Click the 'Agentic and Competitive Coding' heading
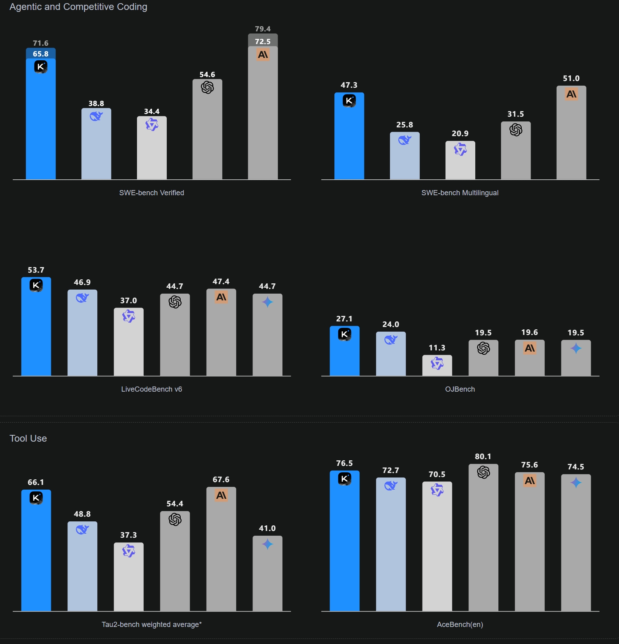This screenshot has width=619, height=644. (78, 7)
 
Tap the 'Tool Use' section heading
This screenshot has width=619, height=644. (28, 438)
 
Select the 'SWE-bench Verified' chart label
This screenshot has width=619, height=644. (152, 193)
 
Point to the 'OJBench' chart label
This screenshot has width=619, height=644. (460, 389)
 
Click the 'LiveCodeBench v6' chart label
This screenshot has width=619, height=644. (152, 389)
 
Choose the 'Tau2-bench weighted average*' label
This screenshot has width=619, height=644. (152, 625)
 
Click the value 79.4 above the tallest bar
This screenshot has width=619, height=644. (263, 29)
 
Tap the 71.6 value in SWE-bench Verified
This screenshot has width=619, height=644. (40, 43)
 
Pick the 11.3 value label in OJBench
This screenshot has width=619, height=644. (437, 348)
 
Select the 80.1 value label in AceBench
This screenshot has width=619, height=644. (483, 457)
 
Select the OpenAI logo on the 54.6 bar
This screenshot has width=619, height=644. (207, 87)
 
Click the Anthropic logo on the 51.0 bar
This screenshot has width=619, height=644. (571, 94)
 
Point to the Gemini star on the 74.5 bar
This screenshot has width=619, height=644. (576, 483)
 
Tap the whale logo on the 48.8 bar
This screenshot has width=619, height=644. (82, 530)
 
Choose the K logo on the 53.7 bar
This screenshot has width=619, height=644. (36, 285)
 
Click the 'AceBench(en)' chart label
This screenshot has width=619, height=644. (460, 625)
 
